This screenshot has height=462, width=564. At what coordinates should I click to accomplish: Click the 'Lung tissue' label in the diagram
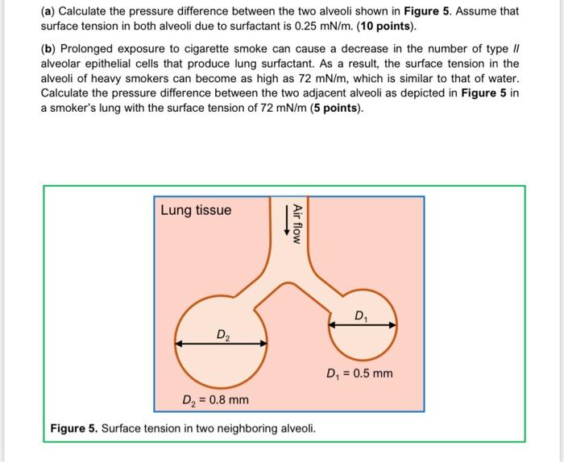(x=196, y=211)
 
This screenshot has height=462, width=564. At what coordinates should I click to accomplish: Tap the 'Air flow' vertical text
(x=297, y=223)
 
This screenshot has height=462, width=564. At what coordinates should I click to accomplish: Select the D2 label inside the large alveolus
(x=222, y=333)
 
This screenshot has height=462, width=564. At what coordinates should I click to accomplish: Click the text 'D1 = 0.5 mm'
(x=359, y=373)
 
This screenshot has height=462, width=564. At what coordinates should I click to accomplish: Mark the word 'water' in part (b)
(x=503, y=79)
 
